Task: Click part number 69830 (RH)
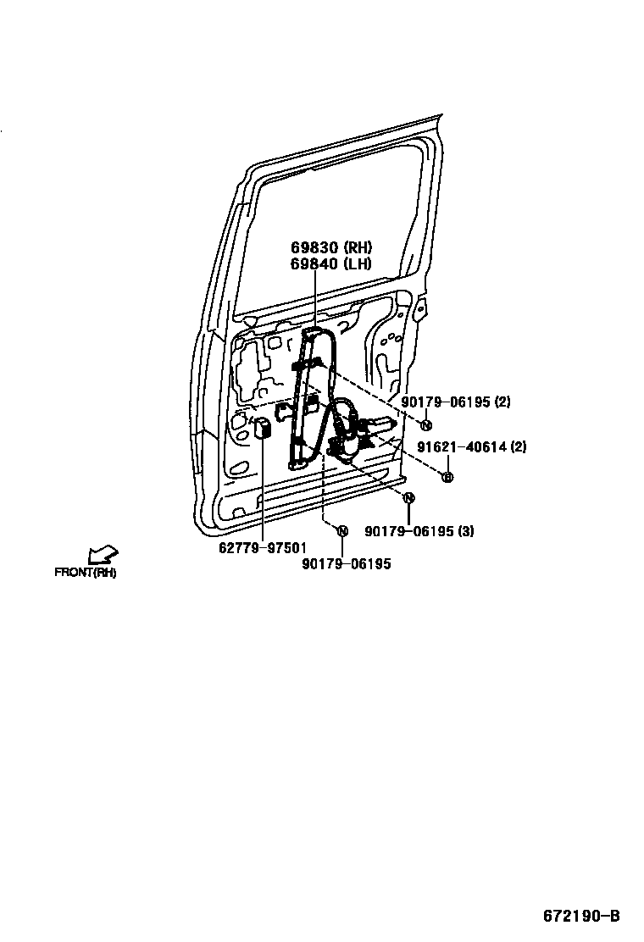click(331, 247)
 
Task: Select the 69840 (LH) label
click(331, 263)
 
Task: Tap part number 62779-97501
click(263, 547)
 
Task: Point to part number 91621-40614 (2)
click(471, 447)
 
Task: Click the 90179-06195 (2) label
click(455, 402)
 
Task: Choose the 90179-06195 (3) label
click(419, 531)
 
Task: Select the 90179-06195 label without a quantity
click(346, 563)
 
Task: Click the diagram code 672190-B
click(581, 916)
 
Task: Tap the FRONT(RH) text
click(86, 573)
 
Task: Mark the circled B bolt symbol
click(448, 477)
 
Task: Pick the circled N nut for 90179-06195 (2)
click(427, 425)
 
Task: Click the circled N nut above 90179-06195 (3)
click(408, 498)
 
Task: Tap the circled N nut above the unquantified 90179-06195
click(342, 531)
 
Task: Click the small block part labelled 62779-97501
click(264, 428)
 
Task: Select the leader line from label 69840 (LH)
click(314, 296)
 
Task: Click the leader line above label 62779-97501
click(263, 491)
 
